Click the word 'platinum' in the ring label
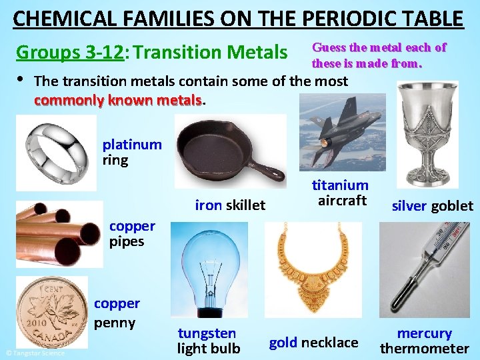pyautogui.click(x=132, y=145)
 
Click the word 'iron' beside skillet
pyautogui.click(x=208, y=205)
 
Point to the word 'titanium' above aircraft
pyautogui.click(x=341, y=185)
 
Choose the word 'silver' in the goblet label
pyautogui.click(x=409, y=206)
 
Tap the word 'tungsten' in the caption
pyautogui.click(x=207, y=333)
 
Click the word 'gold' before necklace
pyautogui.click(x=283, y=343)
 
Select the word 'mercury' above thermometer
pyautogui.click(x=425, y=333)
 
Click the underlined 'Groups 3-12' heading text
pyautogui.click(x=70, y=51)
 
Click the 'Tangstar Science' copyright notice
pyautogui.click(x=35, y=353)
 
